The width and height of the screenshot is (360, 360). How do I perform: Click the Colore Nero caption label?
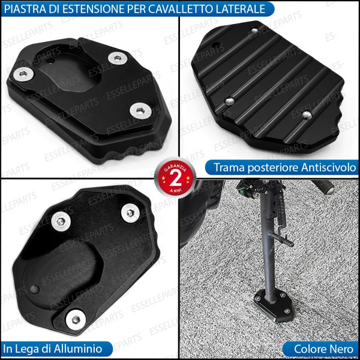click(x=320, y=348)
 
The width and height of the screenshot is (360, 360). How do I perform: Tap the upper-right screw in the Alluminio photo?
click(x=130, y=212)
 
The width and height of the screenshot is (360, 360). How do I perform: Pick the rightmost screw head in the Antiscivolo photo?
click(x=307, y=114)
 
